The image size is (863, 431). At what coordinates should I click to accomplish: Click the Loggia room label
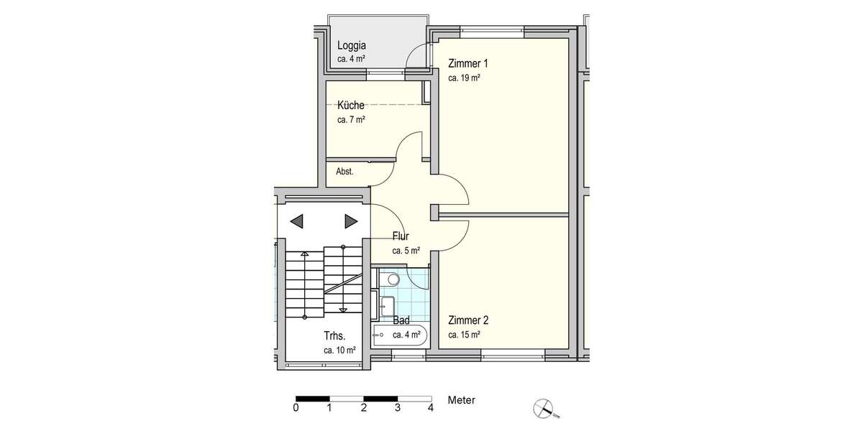click(x=352, y=45)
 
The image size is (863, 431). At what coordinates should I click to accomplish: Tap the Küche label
click(x=350, y=106)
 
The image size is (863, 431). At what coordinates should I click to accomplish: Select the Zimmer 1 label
click(x=468, y=62)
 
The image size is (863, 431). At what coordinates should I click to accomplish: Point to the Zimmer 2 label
click(x=468, y=320)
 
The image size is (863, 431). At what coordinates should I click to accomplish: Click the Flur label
click(x=401, y=236)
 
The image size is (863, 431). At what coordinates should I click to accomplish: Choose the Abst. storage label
click(x=344, y=172)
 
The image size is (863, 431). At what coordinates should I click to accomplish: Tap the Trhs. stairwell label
click(x=336, y=335)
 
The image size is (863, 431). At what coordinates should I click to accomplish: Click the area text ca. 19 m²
click(x=464, y=78)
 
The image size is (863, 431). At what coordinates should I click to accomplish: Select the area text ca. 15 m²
click(x=464, y=335)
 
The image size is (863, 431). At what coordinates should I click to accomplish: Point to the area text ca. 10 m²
click(x=339, y=351)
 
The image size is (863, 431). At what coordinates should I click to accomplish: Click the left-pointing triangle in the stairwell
click(x=297, y=221)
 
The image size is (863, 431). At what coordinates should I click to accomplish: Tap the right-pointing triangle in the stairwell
click(x=351, y=221)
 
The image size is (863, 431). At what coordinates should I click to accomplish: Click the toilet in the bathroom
click(x=391, y=279)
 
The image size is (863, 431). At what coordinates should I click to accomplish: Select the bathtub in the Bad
click(x=400, y=335)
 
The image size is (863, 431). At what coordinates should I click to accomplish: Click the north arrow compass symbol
click(x=544, y=409)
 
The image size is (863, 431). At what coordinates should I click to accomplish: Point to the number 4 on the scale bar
click(x=431, y=408)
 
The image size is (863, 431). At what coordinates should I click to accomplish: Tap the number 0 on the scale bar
click(x=296, y=408)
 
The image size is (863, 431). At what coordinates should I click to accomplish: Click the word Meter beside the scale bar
click(x=461, y=400)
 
